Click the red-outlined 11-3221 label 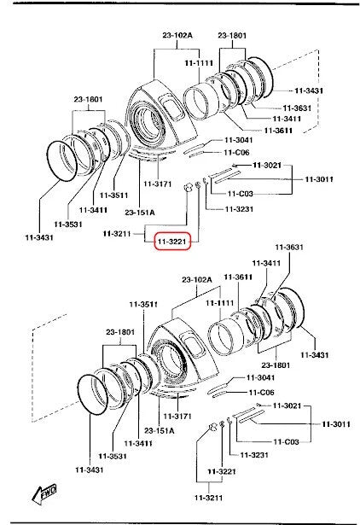(172, 241)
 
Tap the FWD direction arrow (44, 494)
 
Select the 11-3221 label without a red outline (222, 471)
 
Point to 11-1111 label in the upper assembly (199, 62)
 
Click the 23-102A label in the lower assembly (197, 280)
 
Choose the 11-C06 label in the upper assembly (237, 152)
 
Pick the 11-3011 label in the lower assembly (336, 424)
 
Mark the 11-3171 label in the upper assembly (158, 184)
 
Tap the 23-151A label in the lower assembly (160, 430)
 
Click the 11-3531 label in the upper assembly (68, 224)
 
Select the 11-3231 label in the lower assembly (254, 455)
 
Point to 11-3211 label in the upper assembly (117, 233)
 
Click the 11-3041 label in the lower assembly (261, 377)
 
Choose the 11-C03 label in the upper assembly (241, 194)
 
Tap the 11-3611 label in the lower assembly (238, 277)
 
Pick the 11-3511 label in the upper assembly (113, 195)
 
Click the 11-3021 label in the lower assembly (287, 405)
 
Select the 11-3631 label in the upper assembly (297, 108)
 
